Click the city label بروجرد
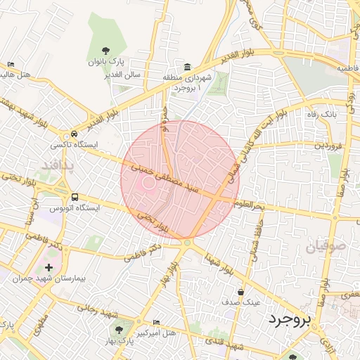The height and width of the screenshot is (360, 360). [x=288, y=321]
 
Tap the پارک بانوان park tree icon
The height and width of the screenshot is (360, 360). [x=105, y=50]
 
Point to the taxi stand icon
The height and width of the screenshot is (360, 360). [x=74, y=133]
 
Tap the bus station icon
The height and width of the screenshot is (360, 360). [x=75, y=197]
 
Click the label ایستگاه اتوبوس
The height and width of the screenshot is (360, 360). [x=74, y=208]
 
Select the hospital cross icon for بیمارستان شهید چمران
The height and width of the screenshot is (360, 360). [x=48, y=267]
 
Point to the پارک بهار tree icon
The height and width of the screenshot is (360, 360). [x=117, y=328]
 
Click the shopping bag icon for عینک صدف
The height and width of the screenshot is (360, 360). [x=241, y=291]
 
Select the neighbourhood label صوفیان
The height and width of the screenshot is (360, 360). [x=326, y=247]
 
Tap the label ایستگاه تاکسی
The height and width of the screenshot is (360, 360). [x=74, y=144]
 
